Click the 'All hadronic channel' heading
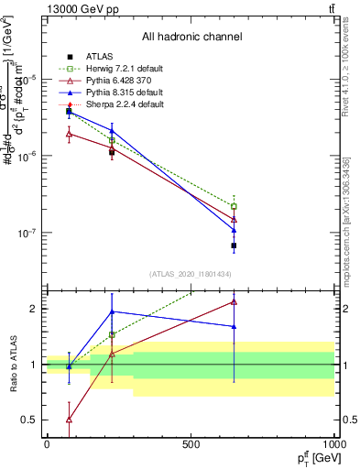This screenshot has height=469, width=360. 191,37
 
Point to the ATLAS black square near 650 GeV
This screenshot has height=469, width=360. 234,245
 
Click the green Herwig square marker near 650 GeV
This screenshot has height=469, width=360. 234,206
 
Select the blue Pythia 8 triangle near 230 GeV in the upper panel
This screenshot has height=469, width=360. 112,131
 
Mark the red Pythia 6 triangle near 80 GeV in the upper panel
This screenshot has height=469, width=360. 69,134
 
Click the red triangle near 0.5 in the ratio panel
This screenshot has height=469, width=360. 69,420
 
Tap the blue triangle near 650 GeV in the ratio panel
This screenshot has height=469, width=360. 234,326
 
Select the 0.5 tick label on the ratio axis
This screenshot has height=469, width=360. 30,420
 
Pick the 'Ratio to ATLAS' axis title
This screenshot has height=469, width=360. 11,364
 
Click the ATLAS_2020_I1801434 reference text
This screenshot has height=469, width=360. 190,274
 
